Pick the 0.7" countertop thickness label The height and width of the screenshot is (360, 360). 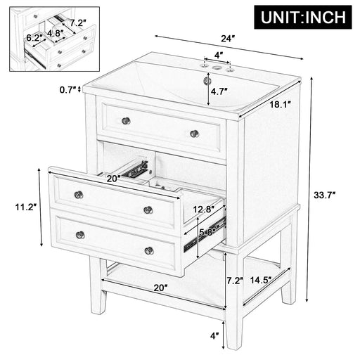click(66, 90)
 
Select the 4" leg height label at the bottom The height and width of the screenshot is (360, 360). click(215, 336)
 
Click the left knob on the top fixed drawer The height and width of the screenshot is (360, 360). click(126, 120)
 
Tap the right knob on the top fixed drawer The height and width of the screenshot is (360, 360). click(195, 133)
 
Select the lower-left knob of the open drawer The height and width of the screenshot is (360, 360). click(80, 235)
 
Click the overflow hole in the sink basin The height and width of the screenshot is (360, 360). click(207, 81)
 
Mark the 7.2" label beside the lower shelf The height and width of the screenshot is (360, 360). click(236, 279)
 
